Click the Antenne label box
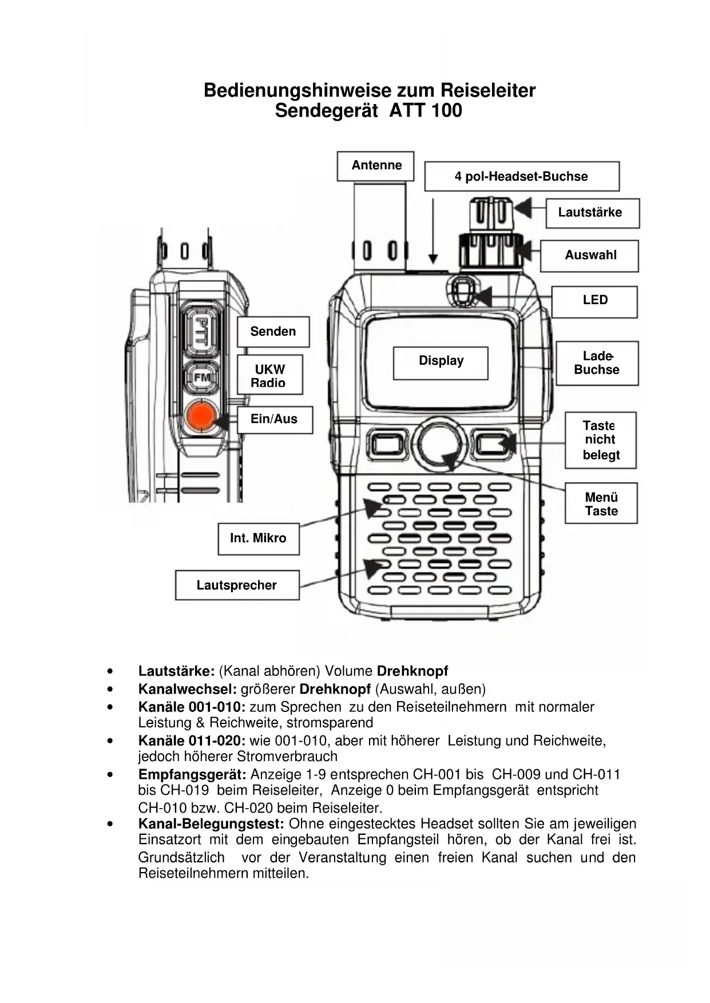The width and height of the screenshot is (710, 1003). pyautogui.click(x=375, y=166)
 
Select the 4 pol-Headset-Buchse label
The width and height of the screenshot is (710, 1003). pyautogui.click(x=521, y=176)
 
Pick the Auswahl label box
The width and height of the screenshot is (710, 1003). pyautogui.click(x=590, y=256)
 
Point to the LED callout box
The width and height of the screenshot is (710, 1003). pyautogui.click(x=594, y=301)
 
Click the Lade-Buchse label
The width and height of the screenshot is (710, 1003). pyautogui.click(x=597, y=364)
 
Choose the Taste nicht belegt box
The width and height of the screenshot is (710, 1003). pyautogui.click(x=600, y=440)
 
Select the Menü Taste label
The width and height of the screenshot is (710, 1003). pyautogui.click(x=601, y=504)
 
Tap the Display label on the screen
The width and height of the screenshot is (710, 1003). pyautogui.click(x=441, y=362)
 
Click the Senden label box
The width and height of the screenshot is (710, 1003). pyautogui.click(x=273, y=332)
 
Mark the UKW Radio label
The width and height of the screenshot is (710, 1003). pyautogui.click(x=269, y=376)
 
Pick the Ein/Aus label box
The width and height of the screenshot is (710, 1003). pyautogui.click(x=275, y=419)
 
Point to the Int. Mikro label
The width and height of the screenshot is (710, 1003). pyautogui.click(x=259, y=538)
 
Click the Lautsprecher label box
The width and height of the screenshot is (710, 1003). pyautogui.click(x=237, y=585)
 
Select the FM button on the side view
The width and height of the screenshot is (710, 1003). pyautogui.click(x=201, y=378)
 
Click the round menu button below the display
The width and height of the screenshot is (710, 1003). pyautogui.click(x=439, y=443)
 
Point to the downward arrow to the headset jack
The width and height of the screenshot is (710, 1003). pyautogui.click(x=433, y=231)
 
